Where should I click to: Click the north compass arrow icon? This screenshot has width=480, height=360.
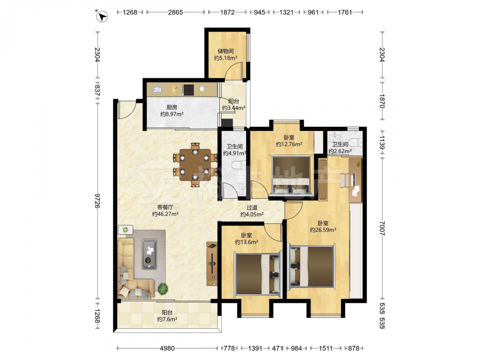pyautogui.click(x=102, y=16)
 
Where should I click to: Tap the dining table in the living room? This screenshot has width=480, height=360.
pyautogui.click(x=195, y=165)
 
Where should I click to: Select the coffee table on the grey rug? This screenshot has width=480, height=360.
pyautogui.click(x=149, y=254)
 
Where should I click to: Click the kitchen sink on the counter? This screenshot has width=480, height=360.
pyautogui.click(x=157, y=89)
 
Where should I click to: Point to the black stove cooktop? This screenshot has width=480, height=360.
pyautogui.click(x=188, y=90)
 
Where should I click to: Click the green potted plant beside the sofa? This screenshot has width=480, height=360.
pyautogui.click(x=163, y=288)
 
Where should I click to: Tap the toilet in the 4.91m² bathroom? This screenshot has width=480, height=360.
pyautogui.click(x=239, y=166)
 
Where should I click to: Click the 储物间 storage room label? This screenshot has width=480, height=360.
pyautogui.click(x=226, y=51)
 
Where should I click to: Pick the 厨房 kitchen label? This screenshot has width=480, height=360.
pyautogui.click(x=172, y=108)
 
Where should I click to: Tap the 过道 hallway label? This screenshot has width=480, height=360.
pyautogui.click(x=252, y=208)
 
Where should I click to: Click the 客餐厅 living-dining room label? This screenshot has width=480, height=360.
pyautogui.click(x=165, y=207)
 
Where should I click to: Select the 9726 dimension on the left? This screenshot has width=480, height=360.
pyautogui.click(x=97, y=201)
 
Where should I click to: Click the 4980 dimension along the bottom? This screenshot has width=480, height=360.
pyautogui.click(x=168, y=348)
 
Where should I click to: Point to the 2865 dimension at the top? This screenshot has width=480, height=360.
pyautogui.click(x=175, y=12)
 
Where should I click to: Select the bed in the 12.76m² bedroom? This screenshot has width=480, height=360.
pyautogui.click(x=291, y=175)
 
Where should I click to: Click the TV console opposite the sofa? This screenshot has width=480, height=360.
pyautogui.click(x=212, y=264)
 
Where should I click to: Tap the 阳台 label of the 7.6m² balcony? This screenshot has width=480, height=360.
pyautogui.click(x=167, y=312)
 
